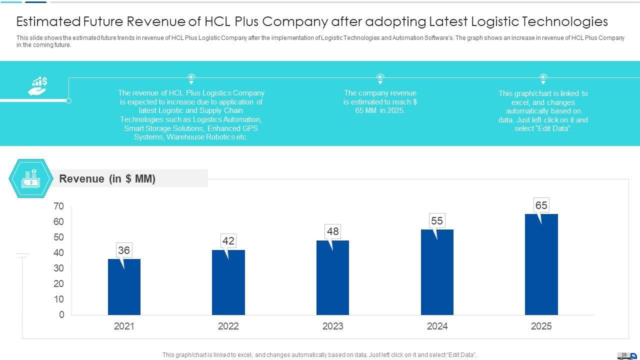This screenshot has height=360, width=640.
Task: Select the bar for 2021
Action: point(124,287)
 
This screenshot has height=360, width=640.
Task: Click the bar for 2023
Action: point(332,277)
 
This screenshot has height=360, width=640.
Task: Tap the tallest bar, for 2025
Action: point(541,264)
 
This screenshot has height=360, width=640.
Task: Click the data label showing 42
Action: point(228,241)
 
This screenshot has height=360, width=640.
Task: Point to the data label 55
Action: point(437,220)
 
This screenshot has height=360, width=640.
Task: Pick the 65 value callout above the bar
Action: point(541,205)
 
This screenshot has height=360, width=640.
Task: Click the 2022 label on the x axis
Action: point(228,326)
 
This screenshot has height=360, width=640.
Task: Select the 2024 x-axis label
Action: point(437,326)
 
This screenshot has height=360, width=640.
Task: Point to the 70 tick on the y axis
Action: point(58,206)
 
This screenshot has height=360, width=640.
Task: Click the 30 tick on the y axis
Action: point(58,268)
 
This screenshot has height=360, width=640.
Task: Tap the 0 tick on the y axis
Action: point(61,315)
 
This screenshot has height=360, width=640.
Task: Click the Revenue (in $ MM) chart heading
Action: point(107,179)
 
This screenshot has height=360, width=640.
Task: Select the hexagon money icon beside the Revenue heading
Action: point(31,179)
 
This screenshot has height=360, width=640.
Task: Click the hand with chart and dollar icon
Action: point(37,86)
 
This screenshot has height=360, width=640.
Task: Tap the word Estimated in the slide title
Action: point(48,21)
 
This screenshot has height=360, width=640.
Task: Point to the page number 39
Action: point(624,355)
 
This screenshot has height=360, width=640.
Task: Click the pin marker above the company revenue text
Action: point(380,78)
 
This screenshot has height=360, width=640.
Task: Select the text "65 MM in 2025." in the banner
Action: point(380,110)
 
